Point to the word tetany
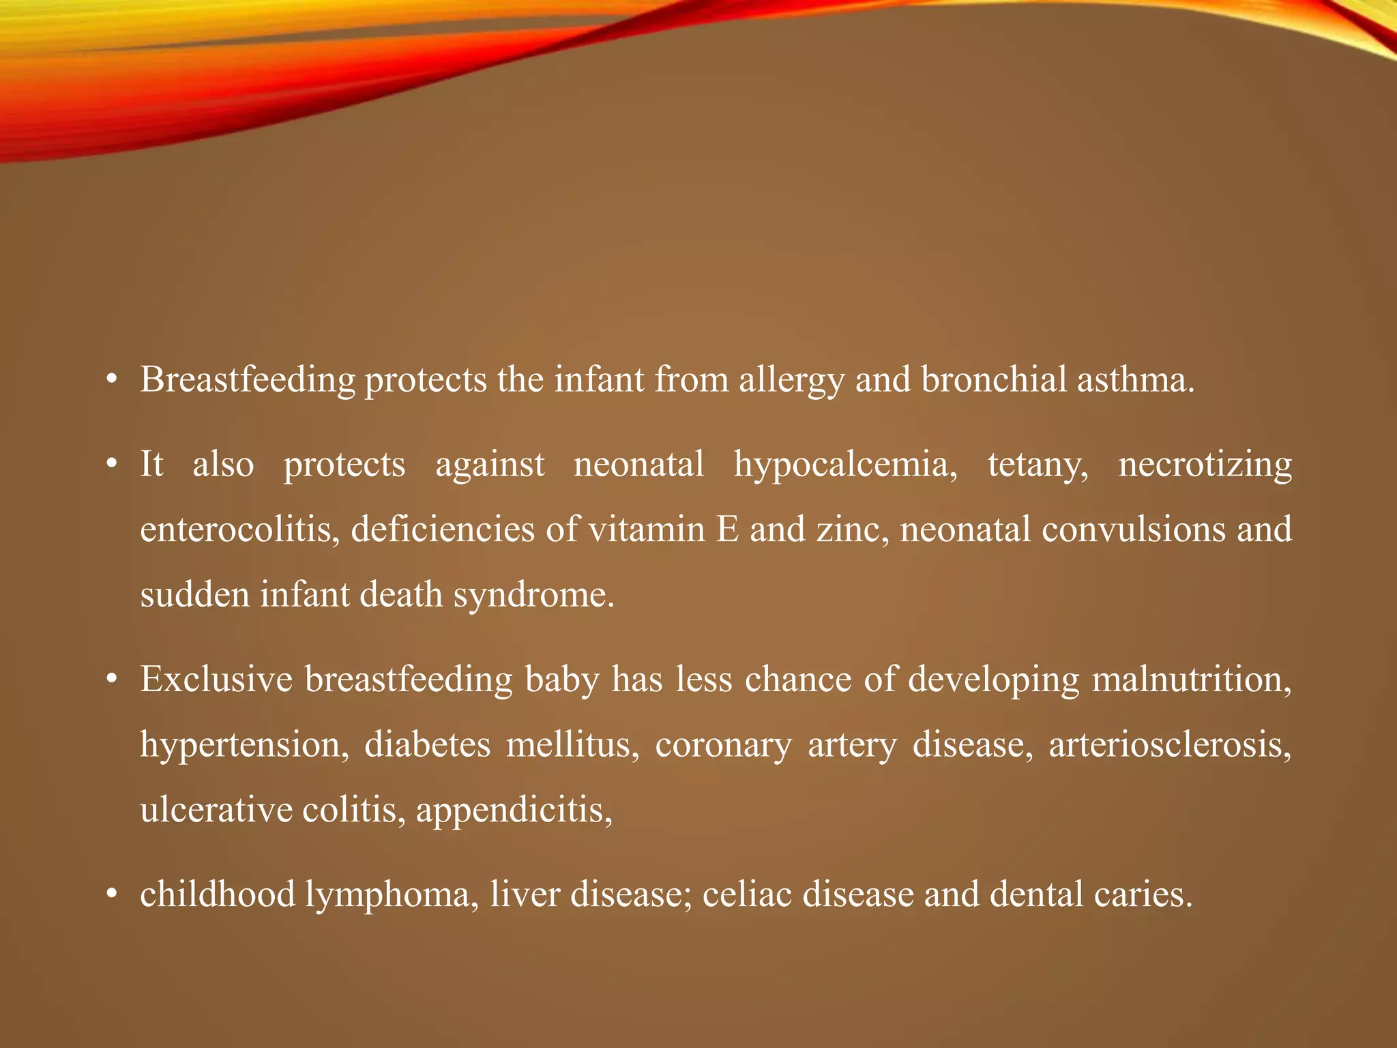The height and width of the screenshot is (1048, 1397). (1038, 465)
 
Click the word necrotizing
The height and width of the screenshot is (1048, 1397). (1205, 465)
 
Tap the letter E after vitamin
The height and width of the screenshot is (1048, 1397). (728, 530)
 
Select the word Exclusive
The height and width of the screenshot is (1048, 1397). (216, 680)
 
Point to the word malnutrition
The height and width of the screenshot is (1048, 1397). (1191, 680)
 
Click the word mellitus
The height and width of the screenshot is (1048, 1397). (572, 745)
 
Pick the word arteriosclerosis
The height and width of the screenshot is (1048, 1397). (1169, 745)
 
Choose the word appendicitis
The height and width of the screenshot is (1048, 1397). (514, 811)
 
